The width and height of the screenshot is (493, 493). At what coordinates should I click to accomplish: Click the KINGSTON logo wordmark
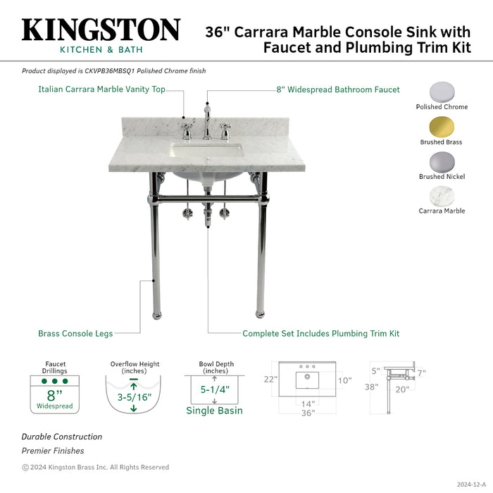tap(101, 30)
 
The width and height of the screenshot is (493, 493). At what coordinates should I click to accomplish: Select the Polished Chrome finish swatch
tap(442, 92)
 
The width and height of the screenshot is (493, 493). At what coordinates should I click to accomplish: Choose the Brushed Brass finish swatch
tap(442, 127)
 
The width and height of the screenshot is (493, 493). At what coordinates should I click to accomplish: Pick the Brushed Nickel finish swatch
tap(442, 161)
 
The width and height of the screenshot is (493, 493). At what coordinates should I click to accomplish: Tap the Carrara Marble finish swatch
tap(442, 196)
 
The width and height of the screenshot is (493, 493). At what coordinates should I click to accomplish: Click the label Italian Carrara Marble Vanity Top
tap(101, 89)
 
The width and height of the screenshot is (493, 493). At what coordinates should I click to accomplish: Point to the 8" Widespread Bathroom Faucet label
tap(337, 89)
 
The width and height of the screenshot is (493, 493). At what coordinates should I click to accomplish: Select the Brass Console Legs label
tap(75, 333)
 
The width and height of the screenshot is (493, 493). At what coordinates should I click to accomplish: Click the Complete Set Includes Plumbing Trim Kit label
tap(320, 333)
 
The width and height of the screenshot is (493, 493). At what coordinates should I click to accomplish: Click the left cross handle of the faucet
tap(187, 130)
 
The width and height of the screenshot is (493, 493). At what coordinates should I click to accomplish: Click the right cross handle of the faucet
tap(225, 130)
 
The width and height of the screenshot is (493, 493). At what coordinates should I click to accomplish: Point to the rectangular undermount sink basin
tap(207, 151)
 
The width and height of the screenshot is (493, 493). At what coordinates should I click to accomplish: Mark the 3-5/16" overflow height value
tap(133, 396)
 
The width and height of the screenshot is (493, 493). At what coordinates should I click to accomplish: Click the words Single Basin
tap(214, 411)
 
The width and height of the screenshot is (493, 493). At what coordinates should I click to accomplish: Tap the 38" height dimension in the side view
tap(371, 387)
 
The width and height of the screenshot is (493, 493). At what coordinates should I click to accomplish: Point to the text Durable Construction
tap(61, 437)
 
